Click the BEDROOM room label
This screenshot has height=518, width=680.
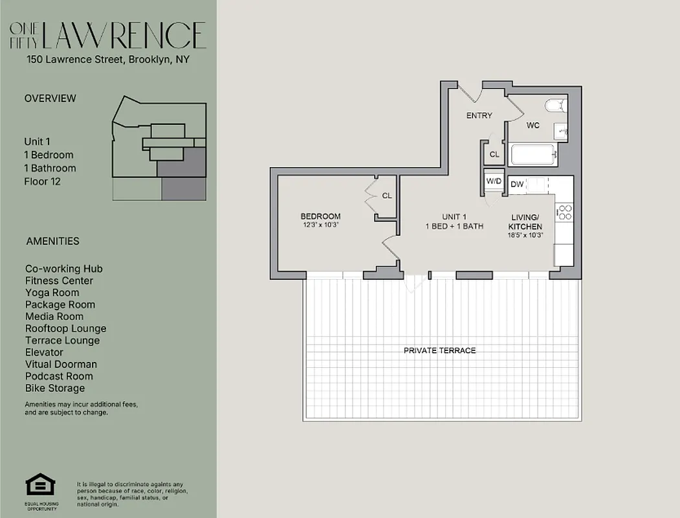coord(320,216)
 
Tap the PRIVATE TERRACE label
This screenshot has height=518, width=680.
coord(439,350)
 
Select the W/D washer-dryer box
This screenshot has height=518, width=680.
coord(494,181)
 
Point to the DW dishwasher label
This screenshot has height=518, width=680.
coord(517,185)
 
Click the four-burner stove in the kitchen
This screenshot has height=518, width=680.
coord(564,212)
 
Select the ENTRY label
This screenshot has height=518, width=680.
coord(479,116)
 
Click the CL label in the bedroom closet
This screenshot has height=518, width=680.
coord(387,196)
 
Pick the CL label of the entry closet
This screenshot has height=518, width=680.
coord(494,154)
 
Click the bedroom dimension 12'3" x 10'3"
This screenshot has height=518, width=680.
coord(320,225)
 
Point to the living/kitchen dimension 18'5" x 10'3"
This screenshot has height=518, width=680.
coord(525,235)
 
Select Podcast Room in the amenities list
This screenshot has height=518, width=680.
coord(59,376)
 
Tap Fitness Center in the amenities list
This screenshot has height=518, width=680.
coord(59,281)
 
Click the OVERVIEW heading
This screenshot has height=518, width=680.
coord(50,98)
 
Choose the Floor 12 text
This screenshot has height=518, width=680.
coord(42,181)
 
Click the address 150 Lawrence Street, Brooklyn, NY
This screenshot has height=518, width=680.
coord(107,60)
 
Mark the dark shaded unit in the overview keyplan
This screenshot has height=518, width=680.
coord(184,175)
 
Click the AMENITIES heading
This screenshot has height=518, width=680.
coord(52,241)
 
